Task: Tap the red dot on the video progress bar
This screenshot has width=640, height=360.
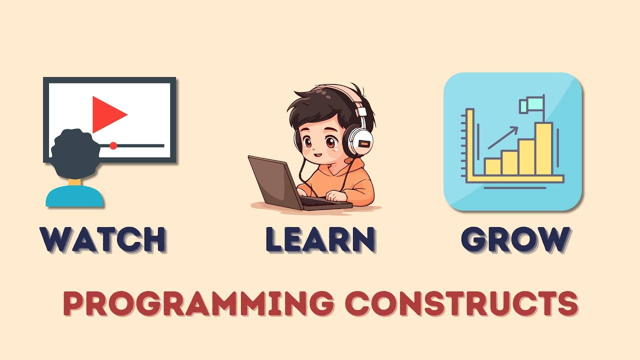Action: point(113,145)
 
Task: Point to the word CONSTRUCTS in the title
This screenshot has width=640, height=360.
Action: point(462,302)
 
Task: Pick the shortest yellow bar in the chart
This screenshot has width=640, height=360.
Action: point(492,166)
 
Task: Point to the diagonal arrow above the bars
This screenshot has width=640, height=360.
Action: point(502,138)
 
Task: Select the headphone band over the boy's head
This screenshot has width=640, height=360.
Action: point(345,92)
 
